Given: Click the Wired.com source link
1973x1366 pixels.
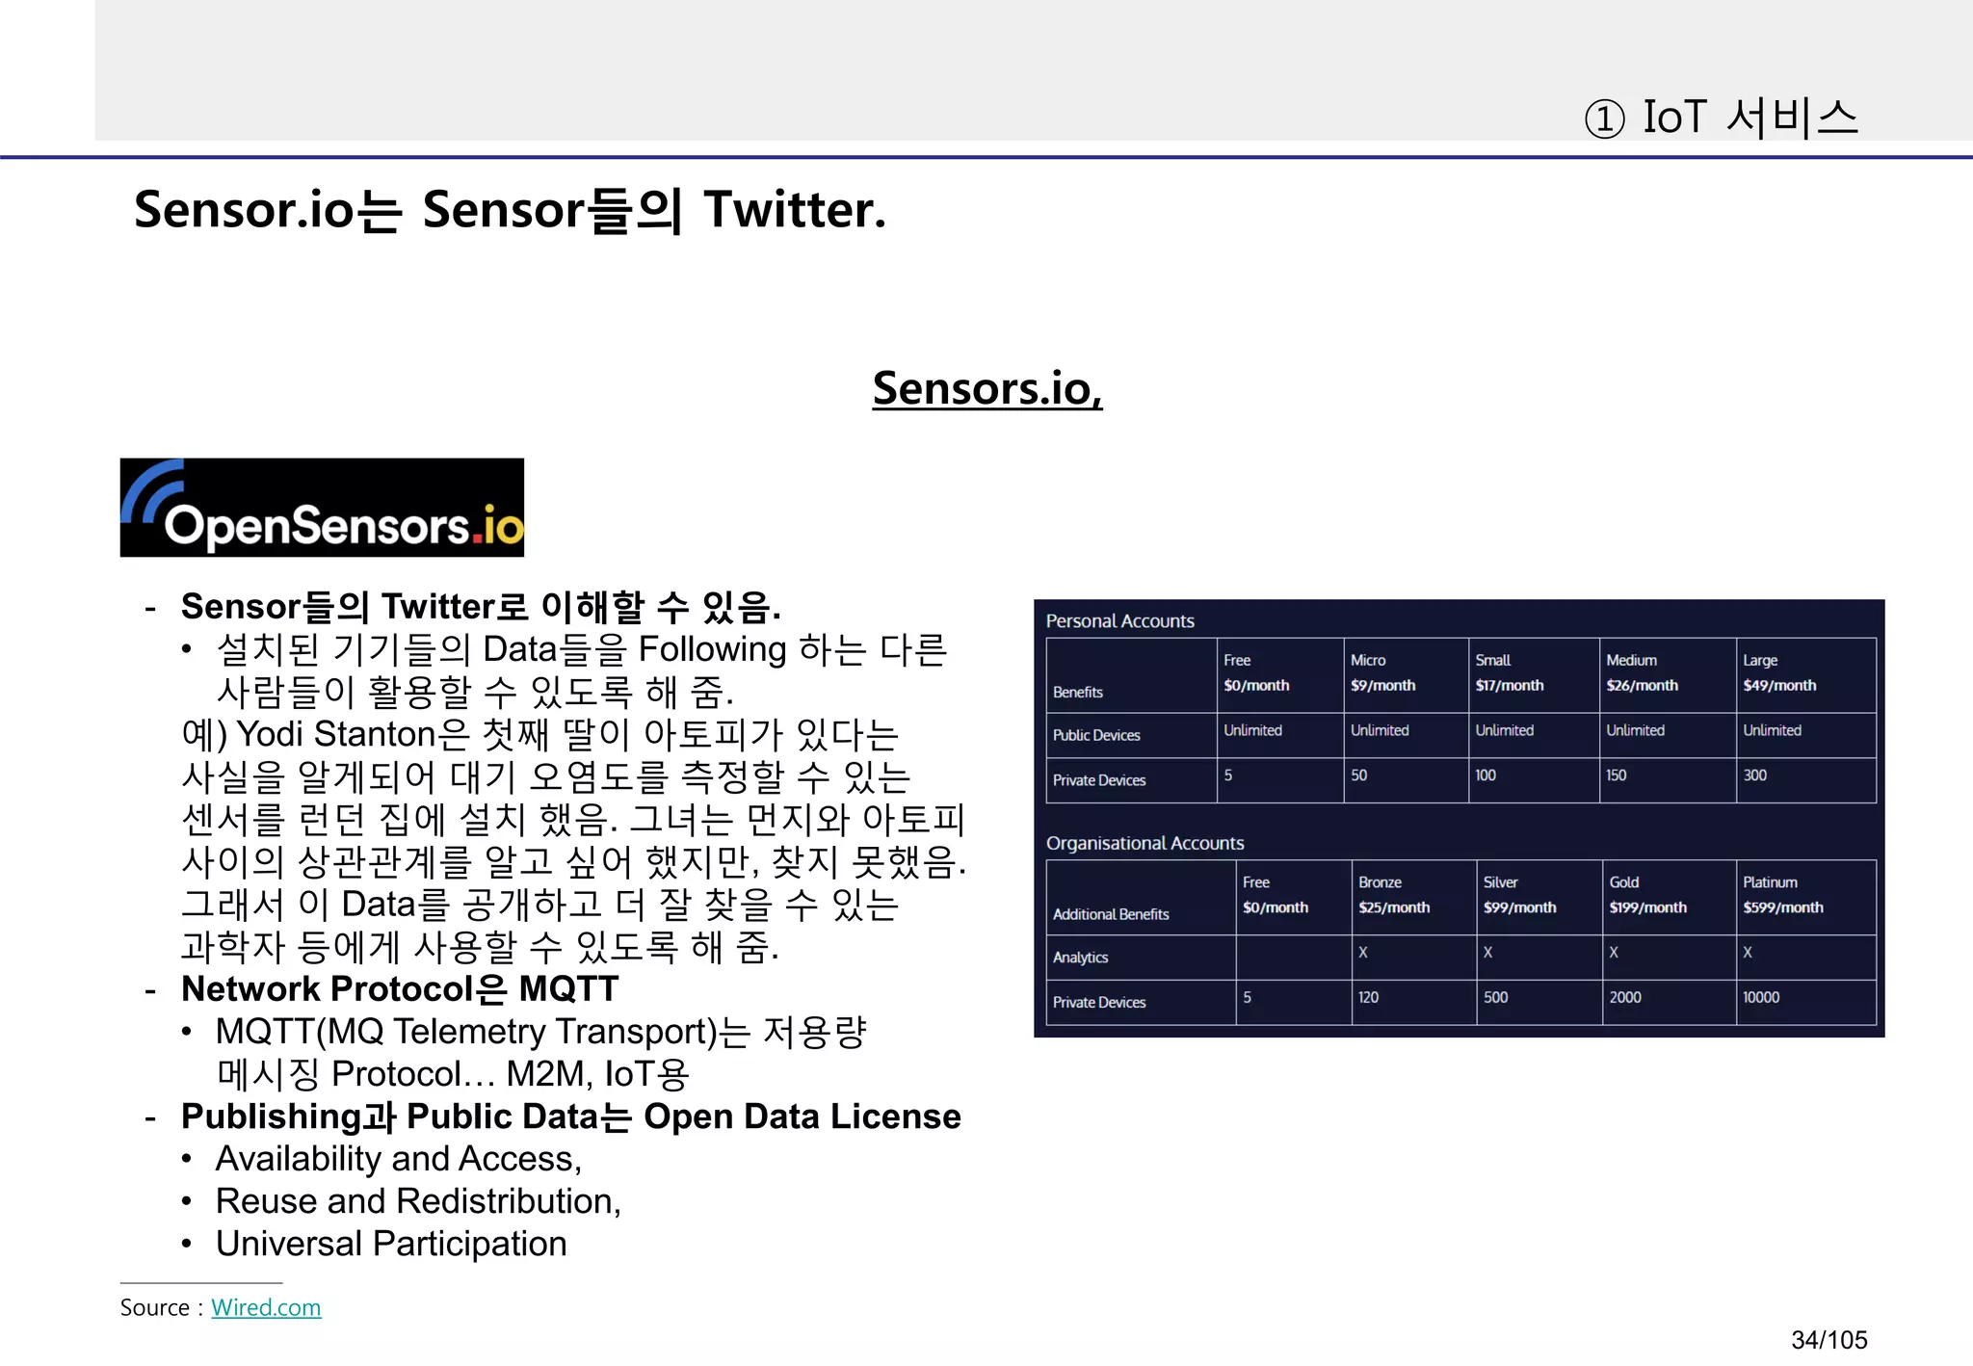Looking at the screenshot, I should [x=266, y=1307].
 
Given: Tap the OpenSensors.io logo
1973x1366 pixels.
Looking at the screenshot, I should [x=322, y=508].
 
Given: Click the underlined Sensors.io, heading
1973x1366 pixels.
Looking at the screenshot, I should [x=986, y=388].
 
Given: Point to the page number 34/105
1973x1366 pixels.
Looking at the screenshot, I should [x=1828, y=1340].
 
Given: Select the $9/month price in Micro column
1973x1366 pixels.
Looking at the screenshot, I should [x=1382, y=686].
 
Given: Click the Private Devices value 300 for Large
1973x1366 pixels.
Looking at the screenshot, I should [x=1754, y=775].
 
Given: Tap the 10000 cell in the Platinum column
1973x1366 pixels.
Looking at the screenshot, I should [x=1761, y=998].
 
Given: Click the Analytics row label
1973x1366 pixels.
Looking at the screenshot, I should [x=1080, y=958].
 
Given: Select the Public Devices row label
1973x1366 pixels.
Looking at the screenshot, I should [x=1096, y=735].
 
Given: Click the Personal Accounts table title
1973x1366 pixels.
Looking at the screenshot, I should [x=1119, y=621].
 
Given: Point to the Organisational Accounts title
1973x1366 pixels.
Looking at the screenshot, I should [x=1144, y=843].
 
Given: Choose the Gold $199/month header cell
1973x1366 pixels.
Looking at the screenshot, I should [x=1647, y=896].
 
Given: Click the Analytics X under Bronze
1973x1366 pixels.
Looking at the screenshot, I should [x=1363, y=953].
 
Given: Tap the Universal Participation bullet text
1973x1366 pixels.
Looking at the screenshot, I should [x=391, y=1244].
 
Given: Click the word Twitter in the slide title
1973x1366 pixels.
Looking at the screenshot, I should [x=793, y=210].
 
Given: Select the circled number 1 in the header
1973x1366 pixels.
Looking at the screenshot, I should [x=1604, y=119].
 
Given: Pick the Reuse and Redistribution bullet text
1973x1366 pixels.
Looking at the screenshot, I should [x=418, y=1201].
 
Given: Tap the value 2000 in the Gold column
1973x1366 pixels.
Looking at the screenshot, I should [x=1625, y=998].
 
